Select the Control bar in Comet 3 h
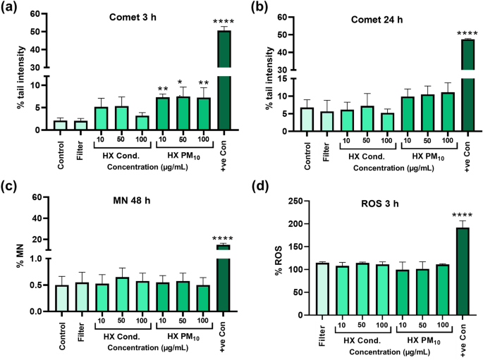pyautogui.click(x=61, y=125)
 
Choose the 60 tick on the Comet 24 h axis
pyautogui.click(x=284, y=16)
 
